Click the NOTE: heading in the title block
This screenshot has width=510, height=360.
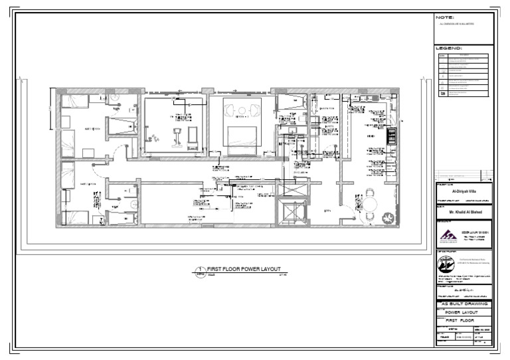click(444, 17)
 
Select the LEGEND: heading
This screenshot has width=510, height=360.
click(448, 48)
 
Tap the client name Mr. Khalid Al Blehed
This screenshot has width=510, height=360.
click(464, 213)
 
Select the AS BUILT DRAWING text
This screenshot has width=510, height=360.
click(464, 304)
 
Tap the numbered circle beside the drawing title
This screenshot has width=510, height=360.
click(199, 270)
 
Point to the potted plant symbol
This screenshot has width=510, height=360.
click(386, 217)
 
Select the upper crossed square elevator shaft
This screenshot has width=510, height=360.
click(292, 189)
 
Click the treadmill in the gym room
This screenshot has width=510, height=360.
click(177, 135)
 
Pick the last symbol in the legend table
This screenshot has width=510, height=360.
click(443, 94)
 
